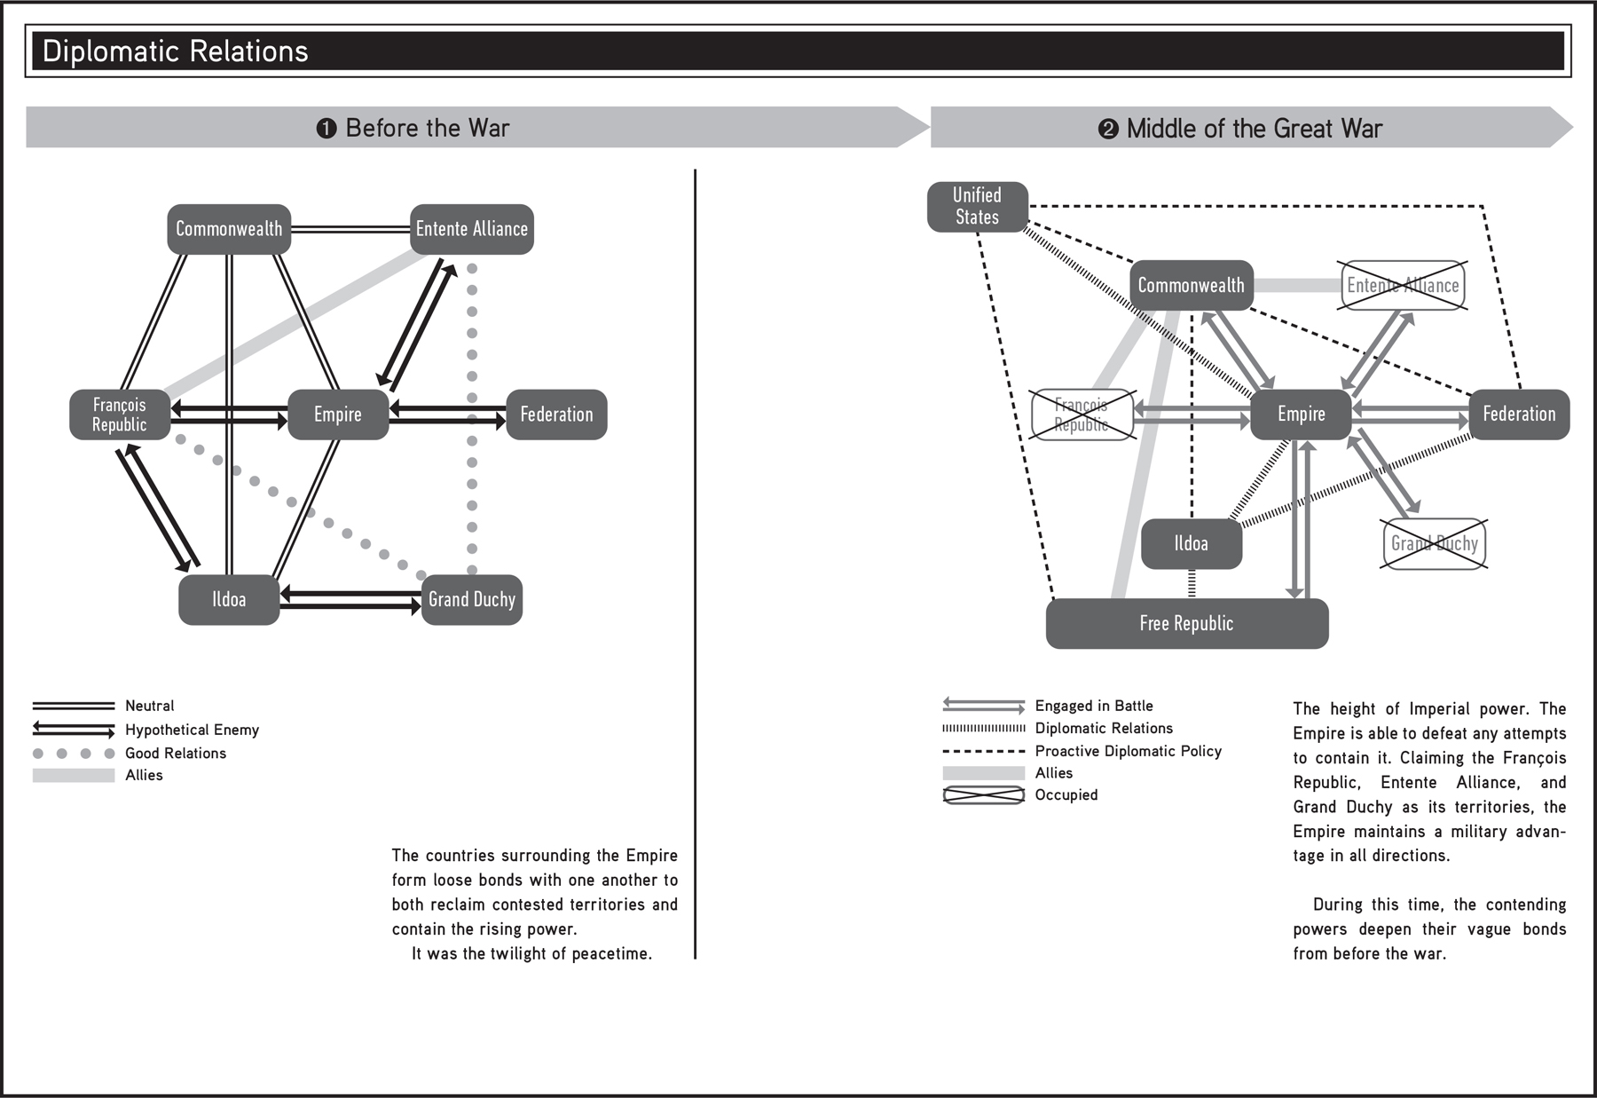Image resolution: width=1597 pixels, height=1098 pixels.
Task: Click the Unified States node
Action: pyautogui.click(x=977, y=207)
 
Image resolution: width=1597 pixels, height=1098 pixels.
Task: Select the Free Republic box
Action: pyautogui.click(x=1186, y=623)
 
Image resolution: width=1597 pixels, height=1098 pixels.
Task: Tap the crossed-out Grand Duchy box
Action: pyautogui.click(x=1434, y=543)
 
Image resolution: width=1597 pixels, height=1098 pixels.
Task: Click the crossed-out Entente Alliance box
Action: pyautogui.click(x=1402, y=285)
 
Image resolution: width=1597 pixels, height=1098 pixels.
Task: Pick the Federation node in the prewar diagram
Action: pyautogui.click(x=556, y=415)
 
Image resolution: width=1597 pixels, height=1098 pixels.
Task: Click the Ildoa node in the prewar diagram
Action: pyautogui.click(x=229, y=600)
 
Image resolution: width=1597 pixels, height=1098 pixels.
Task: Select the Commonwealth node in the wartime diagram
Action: pyautogui.click(x=1191, y=285)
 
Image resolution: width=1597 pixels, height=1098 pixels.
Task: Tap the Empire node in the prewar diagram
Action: pyautogui.click(x=338, y=415)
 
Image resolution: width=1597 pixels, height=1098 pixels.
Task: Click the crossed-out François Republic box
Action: pyautogui.click(x=1082, y=415)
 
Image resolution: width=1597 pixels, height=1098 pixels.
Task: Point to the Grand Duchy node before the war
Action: pyautogui.click(x=471, y=600)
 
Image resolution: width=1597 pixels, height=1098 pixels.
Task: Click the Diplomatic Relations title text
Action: pyautogui.click(x=175, y=51)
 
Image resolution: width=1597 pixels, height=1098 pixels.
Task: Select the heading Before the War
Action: pyautogui.click(x=427, y=129)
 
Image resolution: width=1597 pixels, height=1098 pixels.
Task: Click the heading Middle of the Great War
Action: pyautogui.click(x=1254, y=129)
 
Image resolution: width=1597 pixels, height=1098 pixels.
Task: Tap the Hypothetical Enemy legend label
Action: pyautogui.click(x=192, y=730)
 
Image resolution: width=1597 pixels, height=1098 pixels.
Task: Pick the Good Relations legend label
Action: pyautogui.click(x=176, y=753)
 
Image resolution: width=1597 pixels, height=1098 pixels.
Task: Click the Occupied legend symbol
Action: pyautogui.click(x=983, y=795)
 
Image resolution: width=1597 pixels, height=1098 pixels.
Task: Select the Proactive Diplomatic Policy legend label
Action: pyautogui.click(x=1128, y=751)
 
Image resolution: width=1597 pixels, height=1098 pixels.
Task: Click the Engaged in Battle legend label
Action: pyautogui.click(x=1094, y=706)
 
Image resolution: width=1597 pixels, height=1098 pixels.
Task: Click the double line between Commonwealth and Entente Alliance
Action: pyautogui.click(x=350, y=229)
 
